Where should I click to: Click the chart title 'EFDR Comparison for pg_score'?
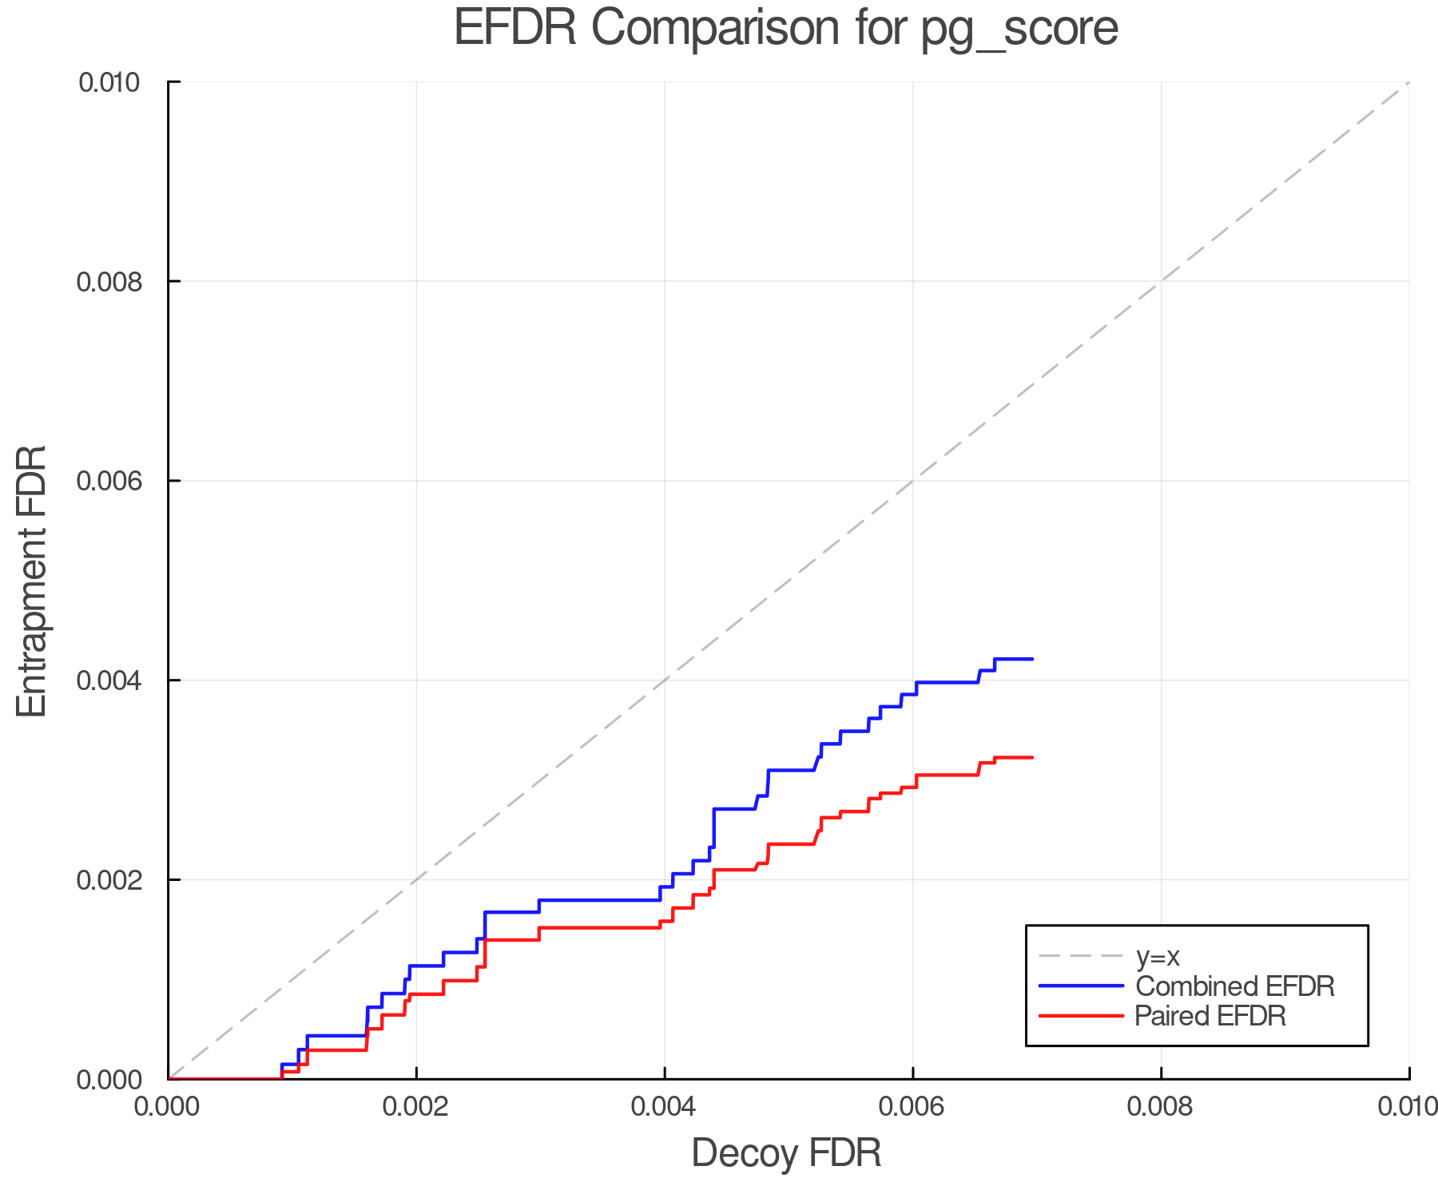point(786,29)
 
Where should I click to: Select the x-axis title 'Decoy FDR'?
point(786,1153)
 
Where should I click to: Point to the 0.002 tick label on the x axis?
point(416,1107)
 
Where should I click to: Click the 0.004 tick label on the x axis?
point(665,1107)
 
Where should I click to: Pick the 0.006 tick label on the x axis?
point(912,1107)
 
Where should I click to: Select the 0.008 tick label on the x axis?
point(1161,1107)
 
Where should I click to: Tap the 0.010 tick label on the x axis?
point(1408,1107)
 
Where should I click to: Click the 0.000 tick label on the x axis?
point(168,1107)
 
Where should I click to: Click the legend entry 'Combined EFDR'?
point(1234,986)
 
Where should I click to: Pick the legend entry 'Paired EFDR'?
point(1210,1016)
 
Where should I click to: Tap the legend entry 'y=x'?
point(1158,956)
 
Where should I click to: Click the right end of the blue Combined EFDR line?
point(1033,659)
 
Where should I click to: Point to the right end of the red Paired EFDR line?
point(1033,757)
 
